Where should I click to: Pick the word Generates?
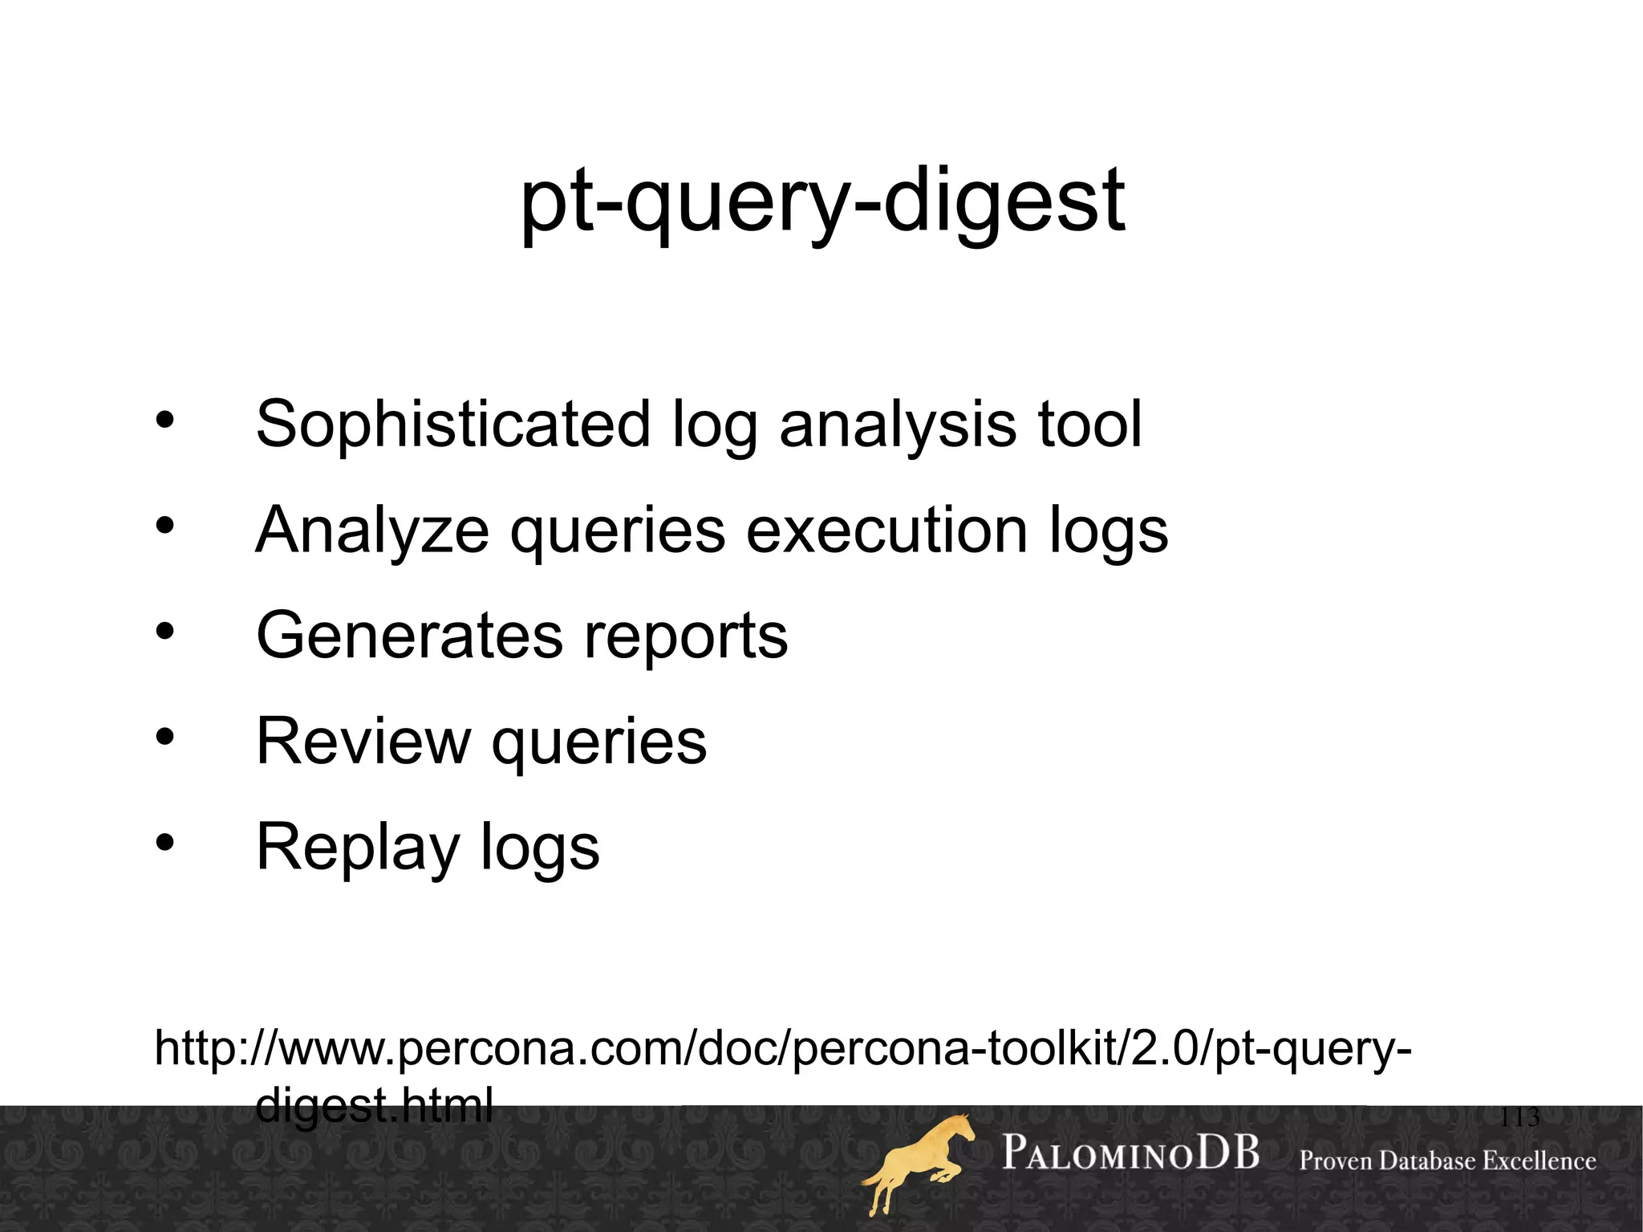[x=410, y=636]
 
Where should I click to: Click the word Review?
[x=363, y=741]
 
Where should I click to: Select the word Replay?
[x=358, y=848]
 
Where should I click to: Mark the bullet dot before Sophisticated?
[x=164, y=420]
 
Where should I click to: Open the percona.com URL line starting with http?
[x=782, y=1049]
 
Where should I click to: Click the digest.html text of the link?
[x=374, y=1106]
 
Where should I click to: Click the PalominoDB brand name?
[x=1130, y=1153]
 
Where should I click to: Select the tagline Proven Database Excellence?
[x=1447, y=1161]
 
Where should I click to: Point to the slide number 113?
[x=1519, y=1117]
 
